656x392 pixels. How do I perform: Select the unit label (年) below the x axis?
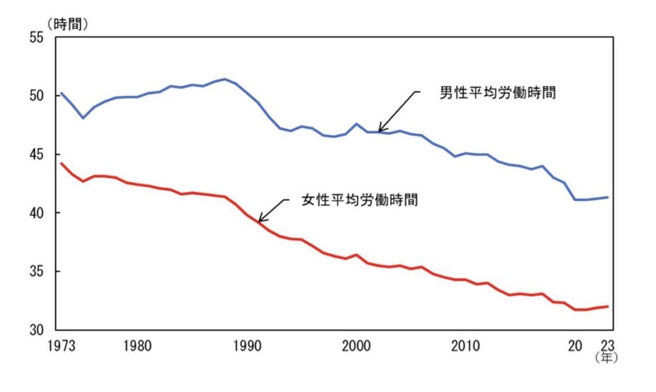click(x=605, y=359)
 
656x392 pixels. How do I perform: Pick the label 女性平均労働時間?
click(x=359, y=199)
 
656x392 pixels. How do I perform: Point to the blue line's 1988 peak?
click(x=224, y=79)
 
